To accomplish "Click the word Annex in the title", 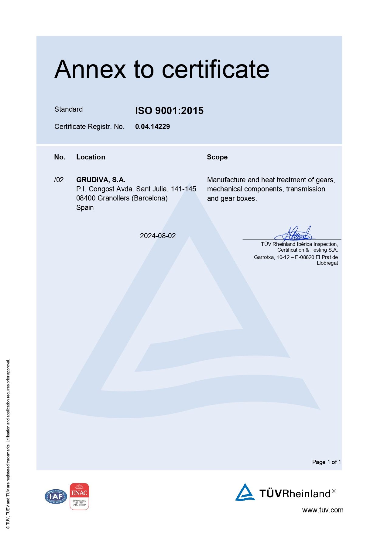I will pyautogui.click(x=90, y=69).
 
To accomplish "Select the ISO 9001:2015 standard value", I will pyautogui.click(x=169, y=110).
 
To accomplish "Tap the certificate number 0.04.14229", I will pyautogui.click(x=153, y=127).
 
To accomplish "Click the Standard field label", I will pyautogui.click(x=68, y=109).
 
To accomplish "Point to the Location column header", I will pyautogui.click(x=91, y=157).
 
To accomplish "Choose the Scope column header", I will pyautogui.click(x=217, y=157).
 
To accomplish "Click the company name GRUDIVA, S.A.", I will pyautogui.click(x=101, y=180).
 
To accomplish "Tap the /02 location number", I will pyautogui.click(x=59, y=180).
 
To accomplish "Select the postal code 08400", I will pyautogui.click(x=86, y=198).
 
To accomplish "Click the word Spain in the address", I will pyautogui.click(x=85, y=208).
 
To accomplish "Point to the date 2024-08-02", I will pyautogui.click(x=158, y=236).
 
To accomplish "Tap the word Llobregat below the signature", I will pyautogui.click(x=327, y=263).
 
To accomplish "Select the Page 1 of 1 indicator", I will pyautogui.click(x=326, y=462).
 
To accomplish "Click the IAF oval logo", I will pyautogui.click(x=56, y=497).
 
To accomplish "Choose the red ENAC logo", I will pyautogui.click(x=79, y=496).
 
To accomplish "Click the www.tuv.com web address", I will pyautogui.click(x=323, y=510).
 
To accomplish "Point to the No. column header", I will pyautogui.click(x=60, y=157).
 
